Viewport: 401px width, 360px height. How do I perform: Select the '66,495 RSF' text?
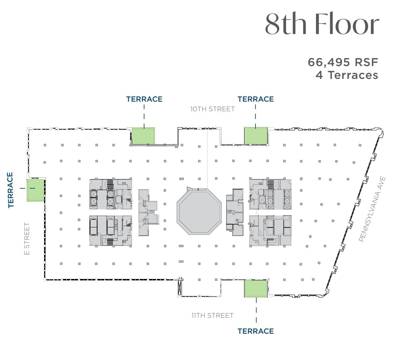click(343, 62)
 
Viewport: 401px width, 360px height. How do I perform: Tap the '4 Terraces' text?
click(347, 75)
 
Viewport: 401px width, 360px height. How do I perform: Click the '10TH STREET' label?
click(212, 109)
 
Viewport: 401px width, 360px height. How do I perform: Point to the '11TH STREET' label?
click(212, 315)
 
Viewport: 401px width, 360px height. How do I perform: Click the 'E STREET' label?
click(27, 238)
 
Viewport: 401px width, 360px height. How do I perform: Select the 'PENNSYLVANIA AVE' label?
click(372, 209)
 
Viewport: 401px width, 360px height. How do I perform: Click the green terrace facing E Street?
click(36, 190)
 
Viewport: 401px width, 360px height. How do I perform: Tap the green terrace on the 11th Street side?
click(255, 288)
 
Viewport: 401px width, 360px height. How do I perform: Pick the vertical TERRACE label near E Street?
click(10, 190)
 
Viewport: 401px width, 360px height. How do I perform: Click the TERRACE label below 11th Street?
click(255, 331)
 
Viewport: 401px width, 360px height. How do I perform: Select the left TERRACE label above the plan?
click(144, 99)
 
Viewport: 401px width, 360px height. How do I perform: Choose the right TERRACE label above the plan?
click(255, 99)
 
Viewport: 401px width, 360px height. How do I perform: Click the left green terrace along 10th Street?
click(143, 136)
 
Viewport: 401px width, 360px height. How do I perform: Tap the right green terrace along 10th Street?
click(255, 136)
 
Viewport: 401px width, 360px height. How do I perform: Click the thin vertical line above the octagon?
click(207, 158)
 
